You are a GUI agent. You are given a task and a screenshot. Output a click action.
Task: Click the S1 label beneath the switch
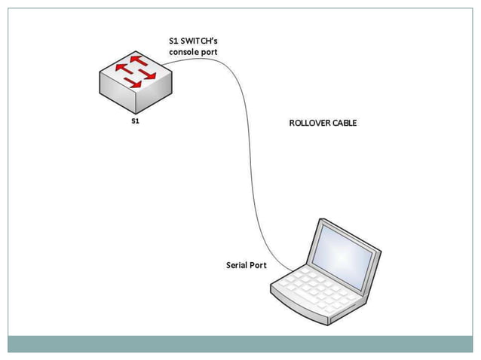coord(135,121)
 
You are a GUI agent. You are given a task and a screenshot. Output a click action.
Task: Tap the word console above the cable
coord(184,53)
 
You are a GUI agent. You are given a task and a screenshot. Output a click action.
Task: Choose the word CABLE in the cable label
coord(344,123)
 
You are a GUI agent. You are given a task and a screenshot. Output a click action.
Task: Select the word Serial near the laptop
coord(239,265)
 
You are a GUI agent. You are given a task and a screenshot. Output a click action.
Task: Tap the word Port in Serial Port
coord(259,265)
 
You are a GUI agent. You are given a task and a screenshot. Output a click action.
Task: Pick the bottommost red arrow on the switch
coord(134,82)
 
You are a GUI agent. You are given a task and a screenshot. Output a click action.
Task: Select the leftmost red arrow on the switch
coord(124,69)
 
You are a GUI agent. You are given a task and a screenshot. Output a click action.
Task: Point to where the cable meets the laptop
coord(287,269)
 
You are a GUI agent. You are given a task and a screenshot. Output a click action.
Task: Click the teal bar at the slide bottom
coord(240,343)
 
